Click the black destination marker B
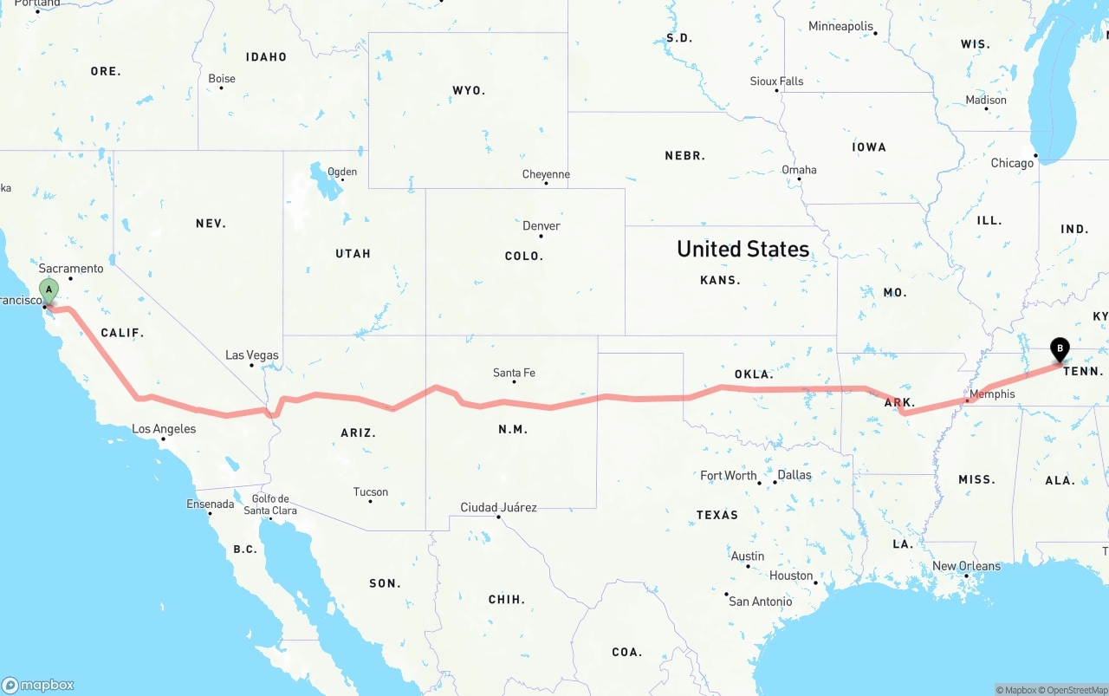tap(1059, 349)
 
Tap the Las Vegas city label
tap(252, 355)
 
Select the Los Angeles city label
tap(164, 429)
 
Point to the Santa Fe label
tap(514, 373)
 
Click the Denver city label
tap(542, 226)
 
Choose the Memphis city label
tap(992, 394)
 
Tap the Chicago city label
tap(1012, 163)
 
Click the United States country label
tap(743, 249)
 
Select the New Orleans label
tap(966, 566)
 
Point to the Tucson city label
tap(371, 492)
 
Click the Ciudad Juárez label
tap(498, 507)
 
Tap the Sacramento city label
tap(71, 269)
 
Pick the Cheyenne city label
tap(546, 174)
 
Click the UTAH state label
tap(353, 254)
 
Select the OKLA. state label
tap(754, 374)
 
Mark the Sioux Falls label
tap(776, 81)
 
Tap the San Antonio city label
tap(760, 602)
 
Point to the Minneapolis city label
tap(840, 26)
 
